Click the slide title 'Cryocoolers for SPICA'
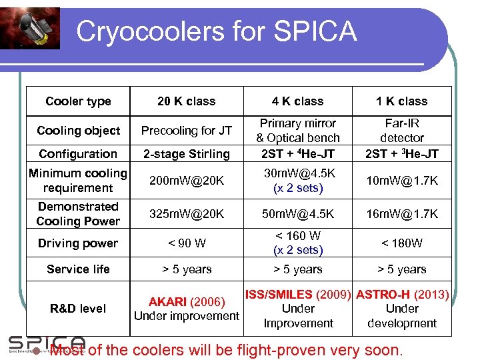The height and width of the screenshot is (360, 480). click(x=216, y=32)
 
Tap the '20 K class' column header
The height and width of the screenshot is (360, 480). click(x=186, y=101)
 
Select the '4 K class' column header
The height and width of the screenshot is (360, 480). click(x=297, y=101)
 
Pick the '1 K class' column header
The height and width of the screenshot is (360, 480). click(x=401, y=101)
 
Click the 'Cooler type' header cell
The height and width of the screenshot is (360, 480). click(x=78, y=101)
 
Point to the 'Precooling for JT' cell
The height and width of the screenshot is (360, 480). click(x=186, y=131)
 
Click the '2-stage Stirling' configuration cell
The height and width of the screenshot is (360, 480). click(x=186, y=154)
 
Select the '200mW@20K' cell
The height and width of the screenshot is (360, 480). click(x=186, y=181)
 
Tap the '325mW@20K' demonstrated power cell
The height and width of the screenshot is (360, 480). click(x=186, y=214)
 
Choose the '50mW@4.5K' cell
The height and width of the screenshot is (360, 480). click(x=297, y=214)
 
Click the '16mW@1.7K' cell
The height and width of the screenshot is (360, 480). click(x=401, y=214)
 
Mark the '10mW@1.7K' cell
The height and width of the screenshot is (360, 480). click(x=401, y=181)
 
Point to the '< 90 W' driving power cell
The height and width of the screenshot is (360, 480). click(x=186, y=243)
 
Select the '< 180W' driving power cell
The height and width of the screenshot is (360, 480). click(x=401, y=243)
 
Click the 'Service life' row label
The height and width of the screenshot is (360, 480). click(x=78, y=269)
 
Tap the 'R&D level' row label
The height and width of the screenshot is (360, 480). click(x=78, y=309)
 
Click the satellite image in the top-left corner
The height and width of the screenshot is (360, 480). click(x=30, y=28)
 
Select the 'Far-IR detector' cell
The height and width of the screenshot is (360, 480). click(x=401, y=131)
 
